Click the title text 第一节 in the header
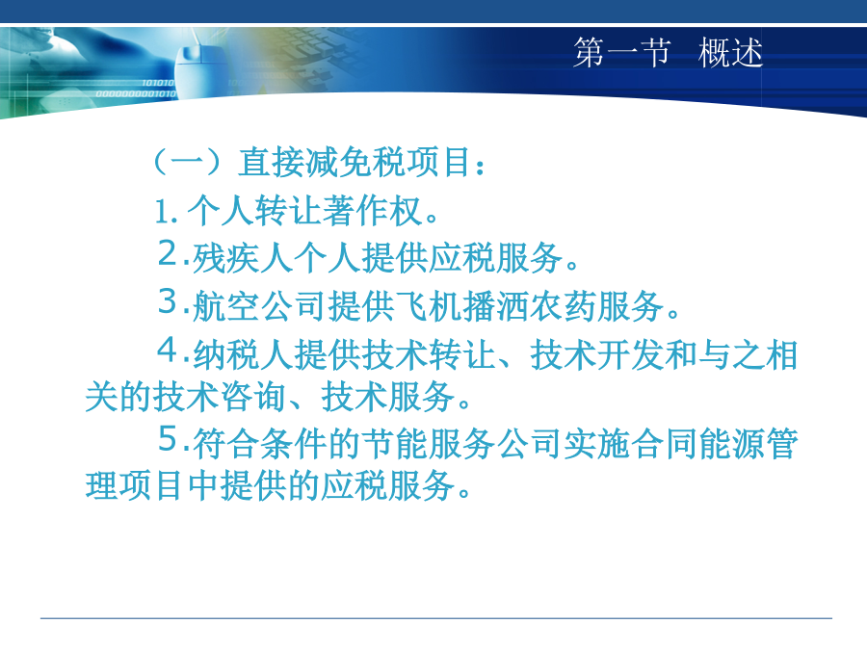[x=622, y=53]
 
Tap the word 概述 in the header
[x=730, y=53]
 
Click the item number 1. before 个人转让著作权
[x=166, y=212]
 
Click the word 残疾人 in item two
[x=242, y=258]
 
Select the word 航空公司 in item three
[x=259, y=306]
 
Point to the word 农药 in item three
[x=564, y=306]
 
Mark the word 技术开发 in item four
[x=597, y=354]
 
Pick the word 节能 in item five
[x=394, y=444]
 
